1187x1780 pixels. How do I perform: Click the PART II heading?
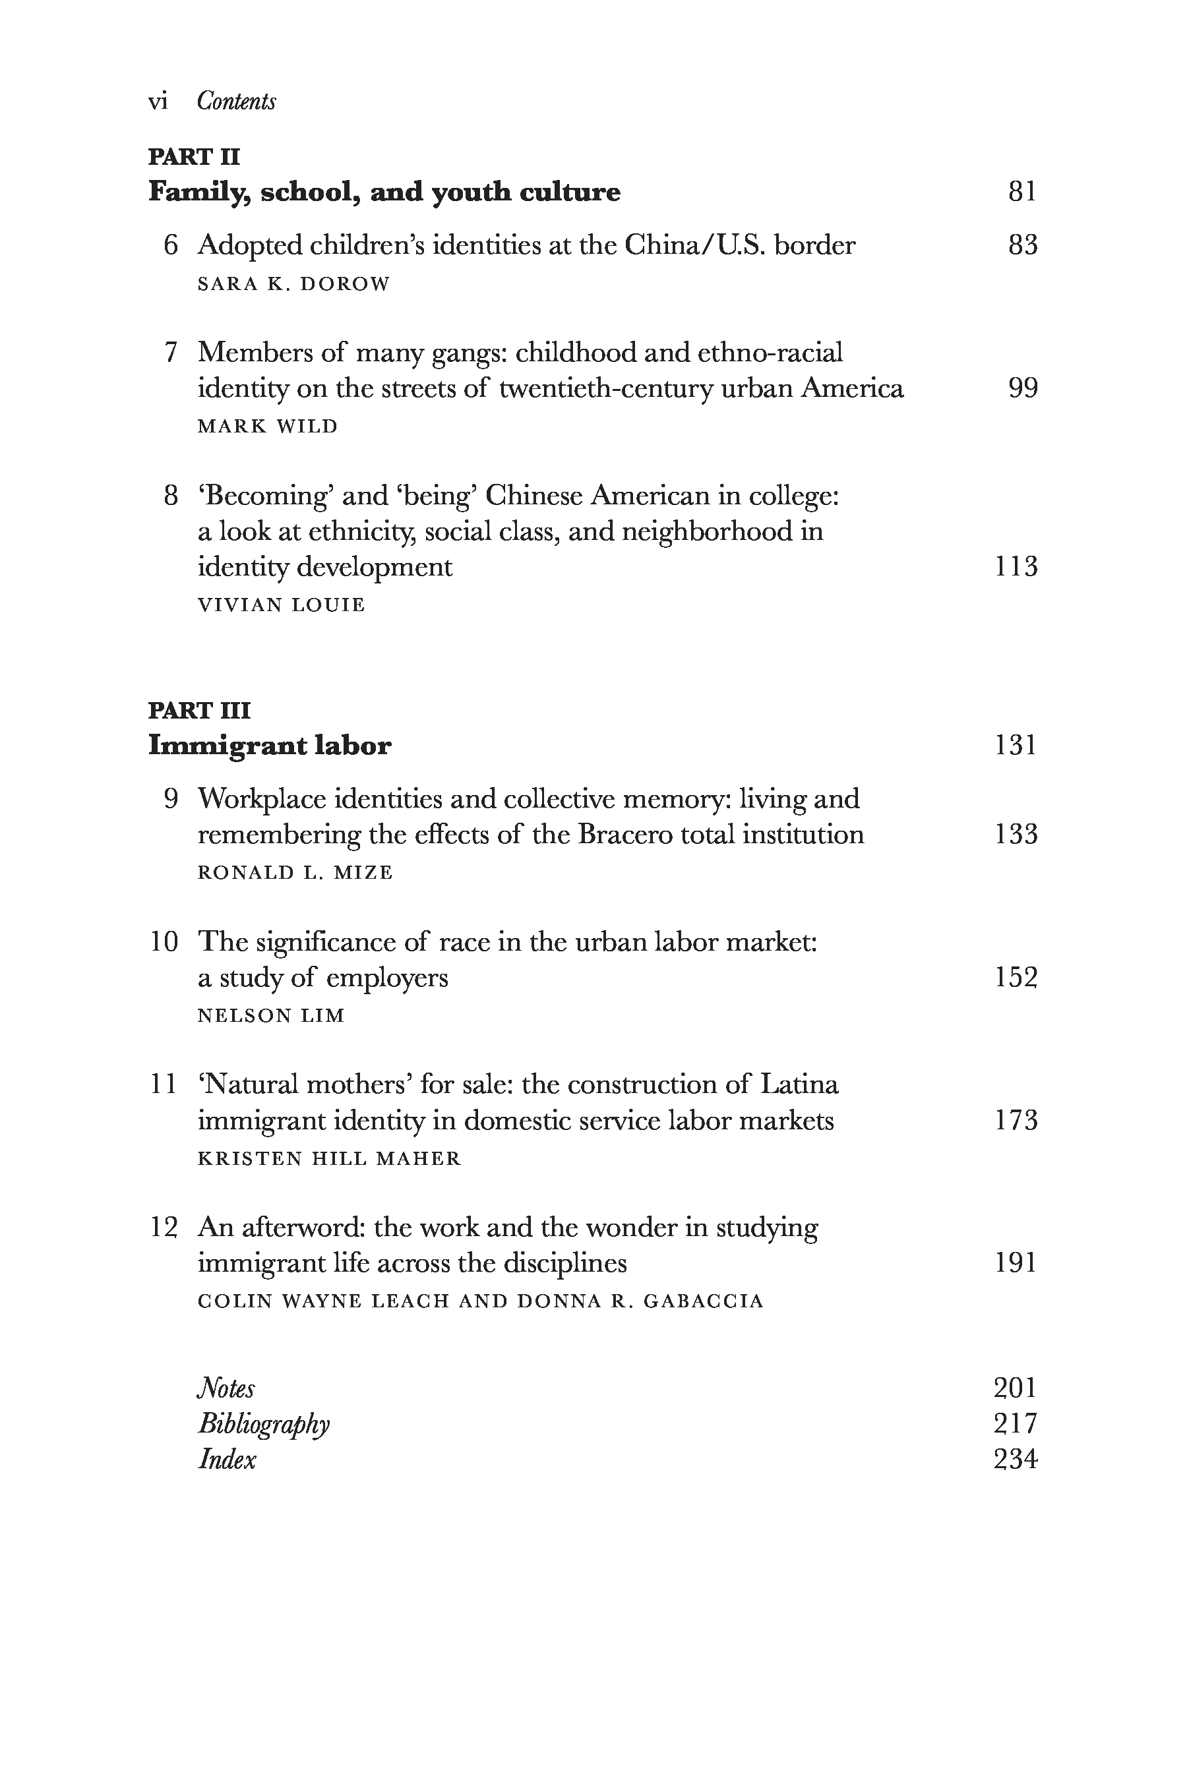point(194,157)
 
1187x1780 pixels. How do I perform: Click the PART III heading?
point(199,710)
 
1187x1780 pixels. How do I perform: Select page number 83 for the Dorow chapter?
point(1022,245)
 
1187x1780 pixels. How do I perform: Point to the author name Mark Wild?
point(267,426)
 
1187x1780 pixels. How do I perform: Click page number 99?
point(1022,388)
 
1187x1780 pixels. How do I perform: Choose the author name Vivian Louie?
point(281,605)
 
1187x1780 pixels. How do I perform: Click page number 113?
point(1015,567)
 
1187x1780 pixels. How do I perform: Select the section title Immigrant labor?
point(270,746)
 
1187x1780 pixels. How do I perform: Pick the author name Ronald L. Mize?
point(295,873)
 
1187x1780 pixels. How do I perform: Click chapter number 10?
point(164,942)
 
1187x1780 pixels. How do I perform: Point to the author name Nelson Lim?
point(270,1016)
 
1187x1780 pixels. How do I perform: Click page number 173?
point(1015,1121)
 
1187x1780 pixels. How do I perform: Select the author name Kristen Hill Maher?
point(328,1159)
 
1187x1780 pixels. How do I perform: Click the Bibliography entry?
point(263,1424)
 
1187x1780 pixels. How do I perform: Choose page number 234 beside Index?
point(1015,1459)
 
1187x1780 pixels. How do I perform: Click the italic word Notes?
point(226,1389)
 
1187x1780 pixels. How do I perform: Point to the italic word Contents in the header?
point(236,102)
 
